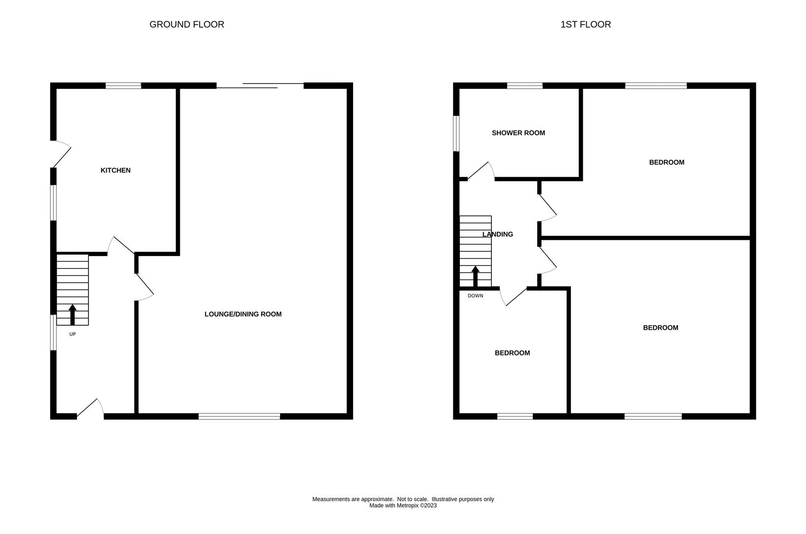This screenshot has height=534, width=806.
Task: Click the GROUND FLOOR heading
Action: [187, 24]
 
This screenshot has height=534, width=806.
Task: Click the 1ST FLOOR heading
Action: [585, 24]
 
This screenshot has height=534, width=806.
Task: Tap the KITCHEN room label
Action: [116, 170]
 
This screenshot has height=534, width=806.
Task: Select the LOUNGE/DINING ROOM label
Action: [243, 314]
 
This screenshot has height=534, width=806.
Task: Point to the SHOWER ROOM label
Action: [518, 133]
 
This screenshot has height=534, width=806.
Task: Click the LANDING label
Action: [497, 234]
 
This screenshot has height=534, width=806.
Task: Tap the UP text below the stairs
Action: [73, 334]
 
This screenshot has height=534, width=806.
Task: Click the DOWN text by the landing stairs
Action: [475, 296]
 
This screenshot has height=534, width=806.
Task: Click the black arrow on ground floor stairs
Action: [73, 314]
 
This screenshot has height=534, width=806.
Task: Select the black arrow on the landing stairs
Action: [475, 276]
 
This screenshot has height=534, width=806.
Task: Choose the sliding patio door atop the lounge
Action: [260, 86]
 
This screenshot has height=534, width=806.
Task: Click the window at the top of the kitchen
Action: [123, 86]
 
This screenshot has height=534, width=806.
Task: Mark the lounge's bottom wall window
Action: [239, 416]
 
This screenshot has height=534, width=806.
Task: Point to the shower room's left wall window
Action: [456, 133]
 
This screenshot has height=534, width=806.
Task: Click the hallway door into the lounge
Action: [144, 287]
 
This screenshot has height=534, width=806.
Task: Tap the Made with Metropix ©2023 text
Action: [403, 505]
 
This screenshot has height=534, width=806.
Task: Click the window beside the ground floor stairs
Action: [53, 333]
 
